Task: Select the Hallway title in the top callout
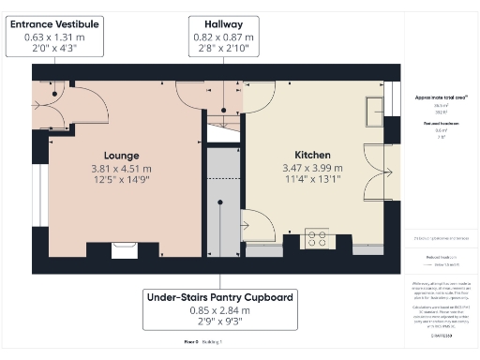(217, 22)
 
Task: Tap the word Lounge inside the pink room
(121, 155)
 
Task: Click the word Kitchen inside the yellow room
(312, 155)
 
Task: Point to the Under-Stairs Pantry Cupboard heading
(220, 297)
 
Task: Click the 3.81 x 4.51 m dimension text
(121, 169)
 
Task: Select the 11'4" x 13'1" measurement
(312, 182)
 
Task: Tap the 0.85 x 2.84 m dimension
(220, 311)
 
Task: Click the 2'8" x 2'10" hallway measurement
(217, 50)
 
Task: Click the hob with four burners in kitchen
(318, 240)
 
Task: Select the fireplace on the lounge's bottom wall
(123, 248)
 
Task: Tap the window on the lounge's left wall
(38, 240)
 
